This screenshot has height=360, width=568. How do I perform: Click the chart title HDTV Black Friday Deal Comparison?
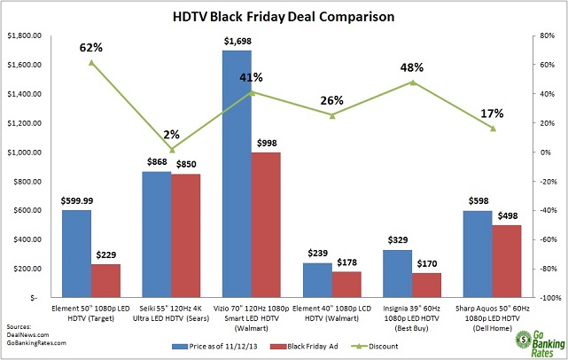284,15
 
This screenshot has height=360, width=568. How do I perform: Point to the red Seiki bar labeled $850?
186,236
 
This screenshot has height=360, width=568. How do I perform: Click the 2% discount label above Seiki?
173,135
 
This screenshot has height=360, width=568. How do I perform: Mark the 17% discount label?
493,113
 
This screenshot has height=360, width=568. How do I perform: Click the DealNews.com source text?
26,334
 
